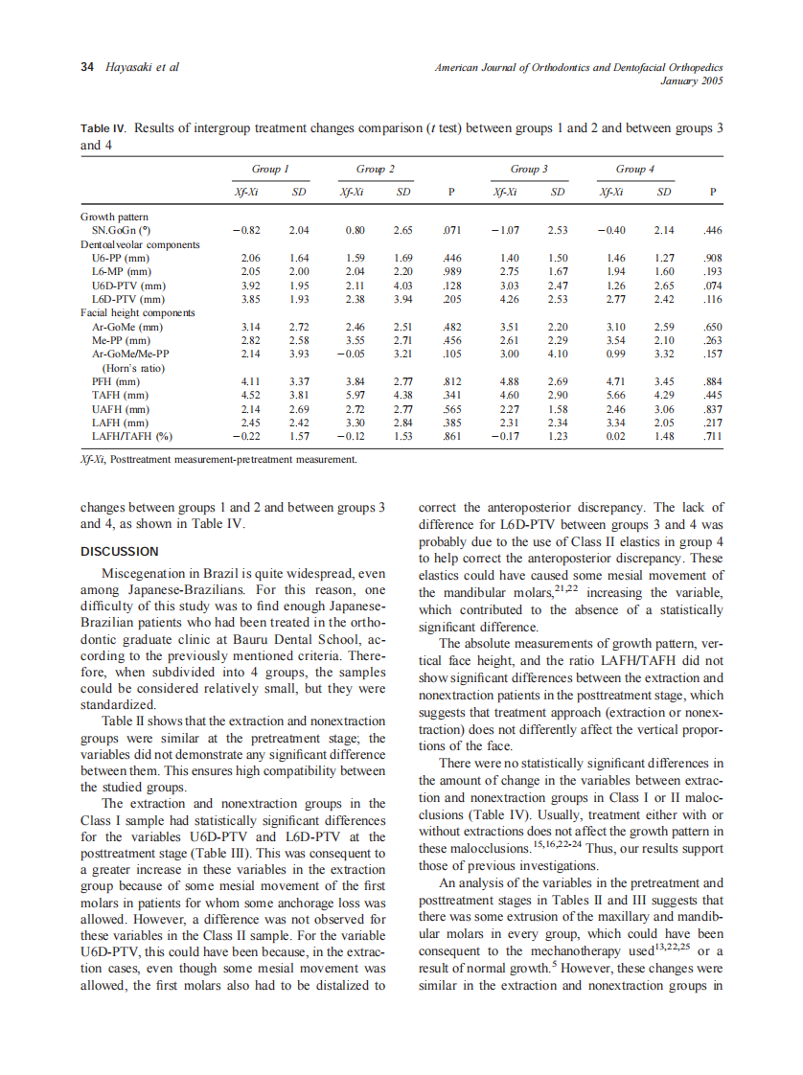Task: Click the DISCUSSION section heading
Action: [120, 551]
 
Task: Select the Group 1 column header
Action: [270, 169]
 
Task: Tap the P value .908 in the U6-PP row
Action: [710, 259]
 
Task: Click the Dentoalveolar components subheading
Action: [140, 244]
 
